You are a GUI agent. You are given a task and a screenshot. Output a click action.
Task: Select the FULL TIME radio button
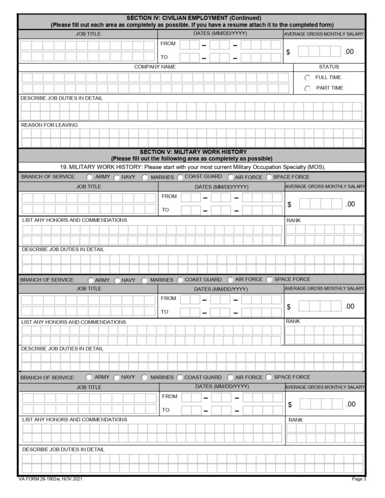307,78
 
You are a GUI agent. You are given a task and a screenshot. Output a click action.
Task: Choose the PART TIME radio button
307,89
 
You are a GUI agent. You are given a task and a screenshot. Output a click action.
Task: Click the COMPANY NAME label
154,67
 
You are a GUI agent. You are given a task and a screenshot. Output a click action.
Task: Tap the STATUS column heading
328,67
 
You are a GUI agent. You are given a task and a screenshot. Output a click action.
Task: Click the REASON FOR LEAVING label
49,125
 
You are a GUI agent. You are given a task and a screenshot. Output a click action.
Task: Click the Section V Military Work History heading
193,151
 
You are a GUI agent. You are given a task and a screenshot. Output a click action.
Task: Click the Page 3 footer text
359,479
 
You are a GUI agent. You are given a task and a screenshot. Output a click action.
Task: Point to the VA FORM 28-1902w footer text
50,479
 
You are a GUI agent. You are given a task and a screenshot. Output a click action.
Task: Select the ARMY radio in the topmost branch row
89,177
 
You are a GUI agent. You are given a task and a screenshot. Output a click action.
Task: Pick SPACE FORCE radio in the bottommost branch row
269,377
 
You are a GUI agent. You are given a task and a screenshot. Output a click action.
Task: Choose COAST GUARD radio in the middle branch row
180,280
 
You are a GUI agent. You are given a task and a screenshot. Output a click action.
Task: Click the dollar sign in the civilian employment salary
288,53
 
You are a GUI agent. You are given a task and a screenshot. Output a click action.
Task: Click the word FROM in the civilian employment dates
168,44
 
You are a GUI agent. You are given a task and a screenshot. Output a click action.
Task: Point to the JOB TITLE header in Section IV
88,34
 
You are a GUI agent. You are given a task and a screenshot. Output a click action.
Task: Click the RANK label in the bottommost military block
296,419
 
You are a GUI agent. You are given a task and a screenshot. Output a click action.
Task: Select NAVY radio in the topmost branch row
117,177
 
